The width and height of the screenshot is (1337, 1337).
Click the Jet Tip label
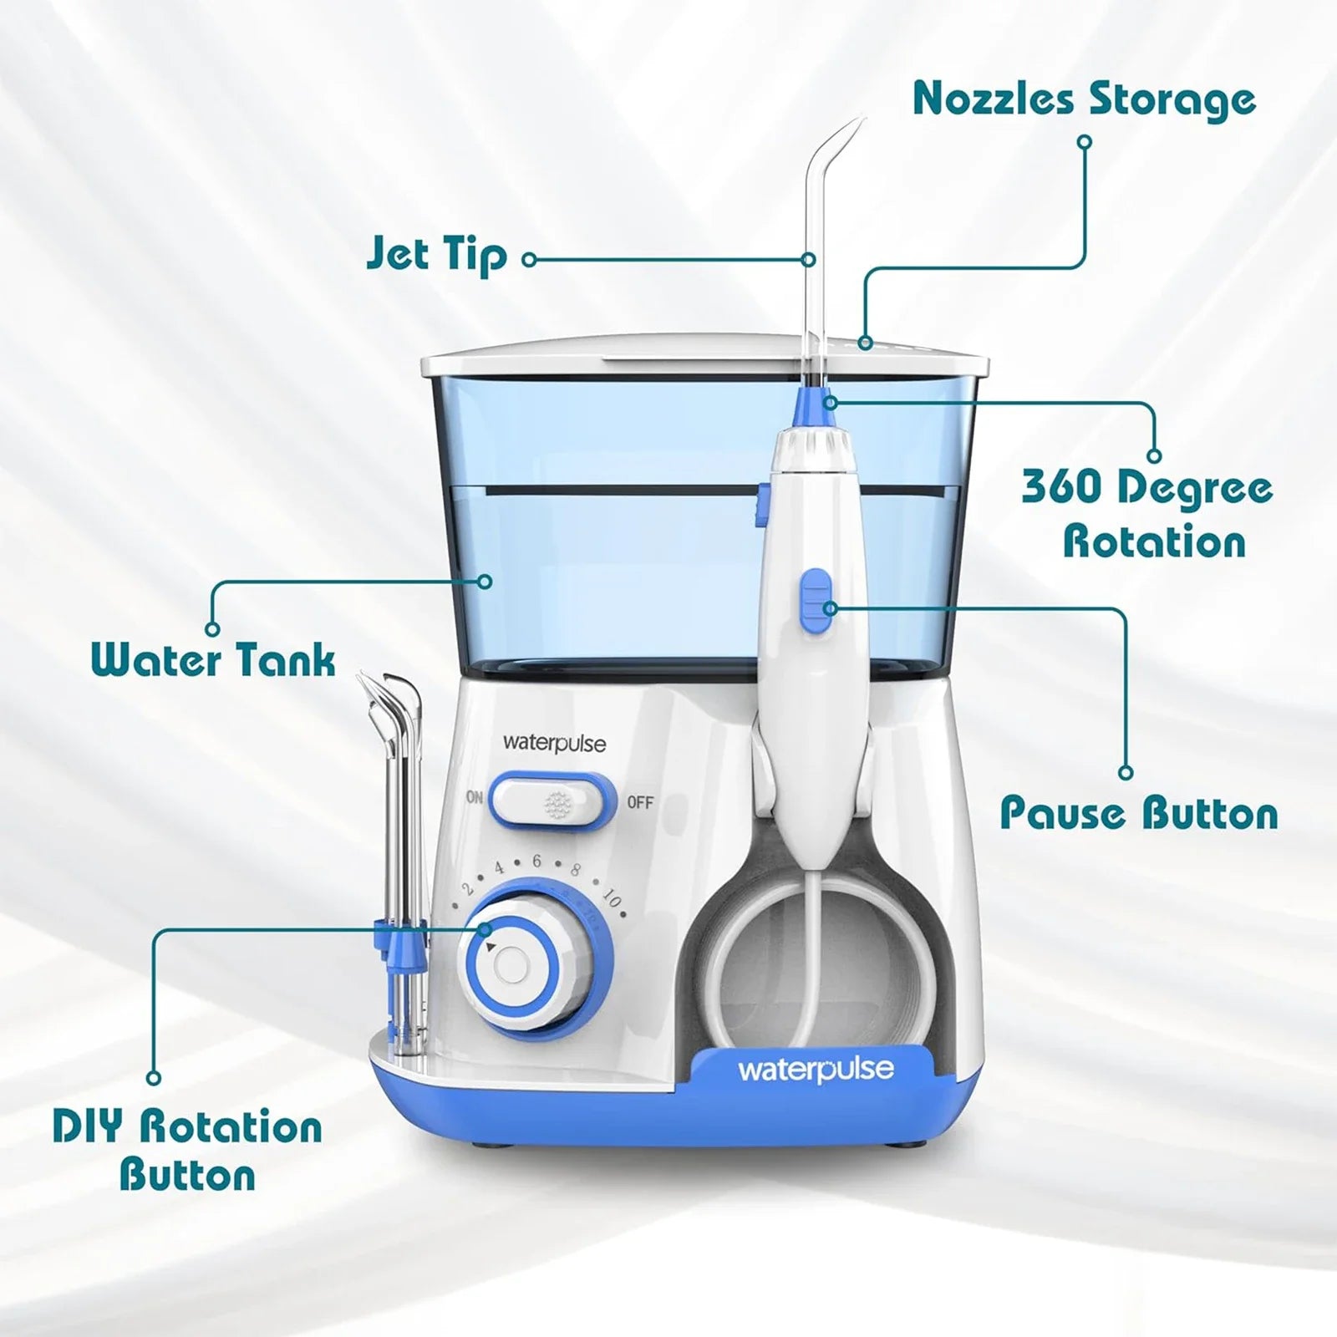click(x=436, y=256)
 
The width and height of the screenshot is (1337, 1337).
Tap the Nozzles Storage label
click(x=1084, y=100)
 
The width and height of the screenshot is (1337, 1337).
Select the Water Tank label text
click(x=213, y=660)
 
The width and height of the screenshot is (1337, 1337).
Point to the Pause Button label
click(x=1139, y=813)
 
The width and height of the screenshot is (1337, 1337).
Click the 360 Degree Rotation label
click(x=1147, y=515)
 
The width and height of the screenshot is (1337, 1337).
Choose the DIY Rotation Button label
click(x=187, y=1150)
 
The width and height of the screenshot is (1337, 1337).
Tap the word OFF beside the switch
click(x=640, y=803)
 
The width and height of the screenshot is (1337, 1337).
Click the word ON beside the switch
click(x=475, y=797)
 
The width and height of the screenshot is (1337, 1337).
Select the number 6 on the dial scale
click(x=536, y=861)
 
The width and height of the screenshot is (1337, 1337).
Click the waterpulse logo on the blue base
click(x=816, y=1070)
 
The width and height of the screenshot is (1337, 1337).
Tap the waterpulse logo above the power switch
click(x=554, y=743)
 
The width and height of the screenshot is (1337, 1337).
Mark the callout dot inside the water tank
click(x=485, y=582)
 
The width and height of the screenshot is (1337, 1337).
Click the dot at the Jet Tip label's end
click(x=528, y=260)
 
